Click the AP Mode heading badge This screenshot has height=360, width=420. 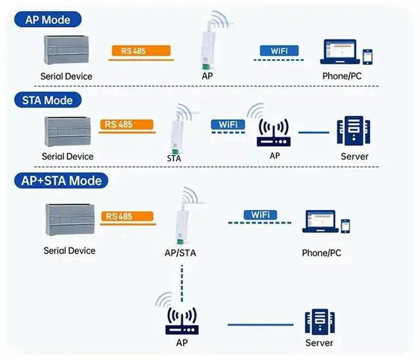pos(47,19)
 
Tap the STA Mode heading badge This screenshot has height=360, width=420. pos(48,100)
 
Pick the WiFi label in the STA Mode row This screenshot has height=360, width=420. pos(228,125)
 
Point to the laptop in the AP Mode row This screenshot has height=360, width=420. pos(338,52)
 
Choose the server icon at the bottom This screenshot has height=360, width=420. pos(320,323)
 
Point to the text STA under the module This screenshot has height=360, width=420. pos(174,158)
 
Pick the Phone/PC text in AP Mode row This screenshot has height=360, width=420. pos(341,76)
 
